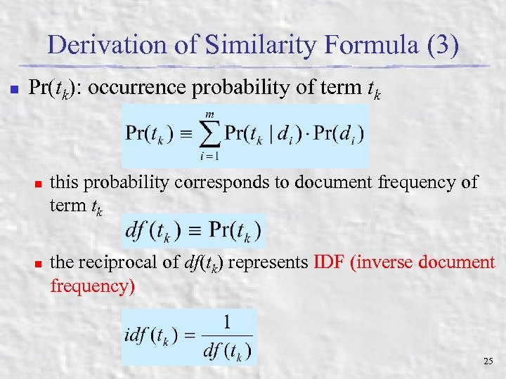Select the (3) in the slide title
(440, 46)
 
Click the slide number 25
(488, 361)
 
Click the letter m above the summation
(209, 114)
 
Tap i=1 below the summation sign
(208, 155)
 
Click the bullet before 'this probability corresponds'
(39, 184)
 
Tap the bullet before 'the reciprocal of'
(39, 264)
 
